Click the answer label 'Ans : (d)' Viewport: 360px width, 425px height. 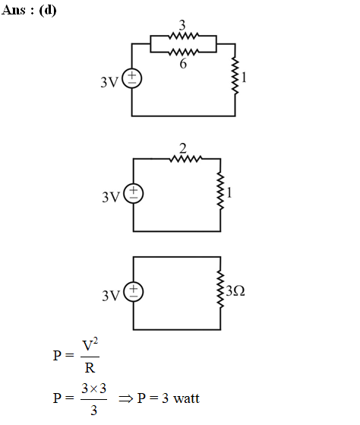(x=29, y=11)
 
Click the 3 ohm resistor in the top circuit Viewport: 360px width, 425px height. (x=184, y=36)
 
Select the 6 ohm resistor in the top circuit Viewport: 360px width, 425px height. (x=184, y=52)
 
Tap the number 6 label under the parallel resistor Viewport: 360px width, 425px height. (x=183, y=64)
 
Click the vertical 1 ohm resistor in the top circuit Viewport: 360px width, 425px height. (x=235, y=76)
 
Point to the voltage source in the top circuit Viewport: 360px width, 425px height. (x=132, y=78)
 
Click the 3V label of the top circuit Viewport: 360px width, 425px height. (x=109, y=82)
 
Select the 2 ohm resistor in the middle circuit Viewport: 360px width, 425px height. (x=186, y=159)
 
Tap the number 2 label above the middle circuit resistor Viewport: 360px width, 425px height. (x=183, y=148)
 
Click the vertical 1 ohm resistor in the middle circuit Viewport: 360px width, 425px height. (x=220, y=191)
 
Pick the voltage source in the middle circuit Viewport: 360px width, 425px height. (x=134, y=194)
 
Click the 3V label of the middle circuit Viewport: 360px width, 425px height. (x=111, y=197)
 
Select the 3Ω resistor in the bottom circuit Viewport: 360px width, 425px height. (x=220, y=290)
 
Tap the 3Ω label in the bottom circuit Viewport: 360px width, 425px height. (x=235, y=291)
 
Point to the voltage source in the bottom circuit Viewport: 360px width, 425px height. (x=134, y=292)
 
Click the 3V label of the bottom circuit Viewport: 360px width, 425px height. (x=111, y=296)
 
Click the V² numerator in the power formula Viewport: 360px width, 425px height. (x=90, y=344)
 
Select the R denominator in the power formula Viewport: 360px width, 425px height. (x=90, y=368)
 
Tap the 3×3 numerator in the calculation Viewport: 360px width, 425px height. (x=93, y=389)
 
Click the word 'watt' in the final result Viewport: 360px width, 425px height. (x=187, y=398)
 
